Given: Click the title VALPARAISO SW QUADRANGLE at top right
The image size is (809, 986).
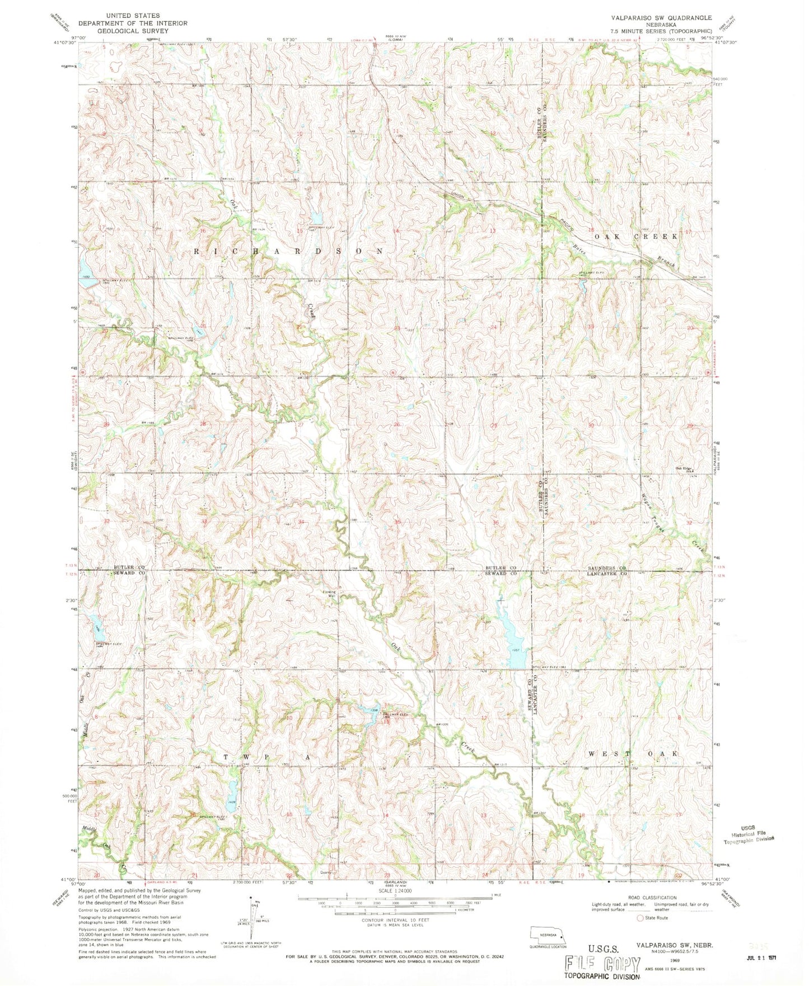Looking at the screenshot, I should point(647,17).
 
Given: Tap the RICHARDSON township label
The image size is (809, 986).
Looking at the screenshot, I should point(289,251).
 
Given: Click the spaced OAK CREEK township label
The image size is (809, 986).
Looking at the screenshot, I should point(636,236).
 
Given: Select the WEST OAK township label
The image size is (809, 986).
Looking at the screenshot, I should point(633,754).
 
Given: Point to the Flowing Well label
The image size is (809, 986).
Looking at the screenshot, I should point(329,594).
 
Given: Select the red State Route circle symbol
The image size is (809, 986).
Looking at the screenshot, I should point(640,918).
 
